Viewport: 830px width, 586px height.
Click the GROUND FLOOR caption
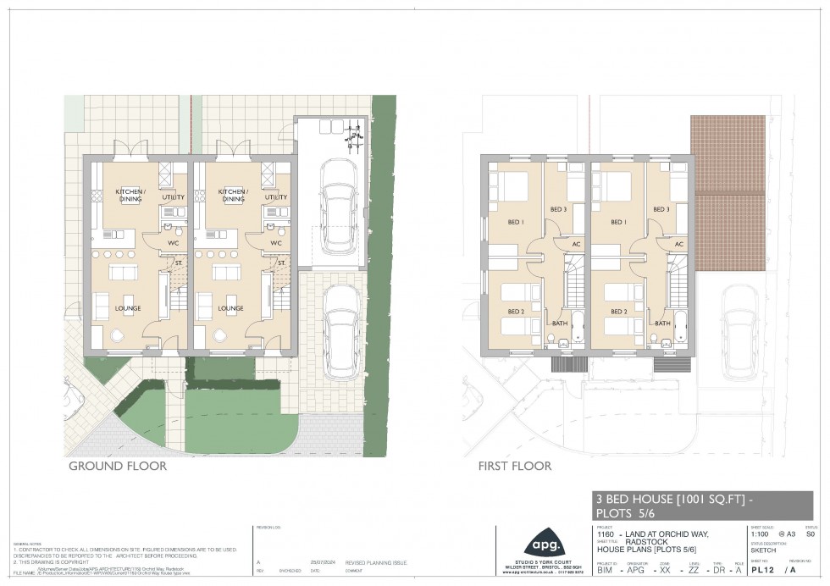[x=117, y=466]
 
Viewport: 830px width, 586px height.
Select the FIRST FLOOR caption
[x=515, y=466]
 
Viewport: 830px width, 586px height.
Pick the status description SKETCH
[x=763, y=550]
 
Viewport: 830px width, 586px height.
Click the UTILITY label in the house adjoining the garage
[x=276, y=197]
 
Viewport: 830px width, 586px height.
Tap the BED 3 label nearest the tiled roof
[x=661, y=209]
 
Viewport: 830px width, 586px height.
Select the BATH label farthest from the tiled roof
[x=560, y=323]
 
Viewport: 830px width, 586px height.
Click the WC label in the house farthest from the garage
[x=173, y=243]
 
